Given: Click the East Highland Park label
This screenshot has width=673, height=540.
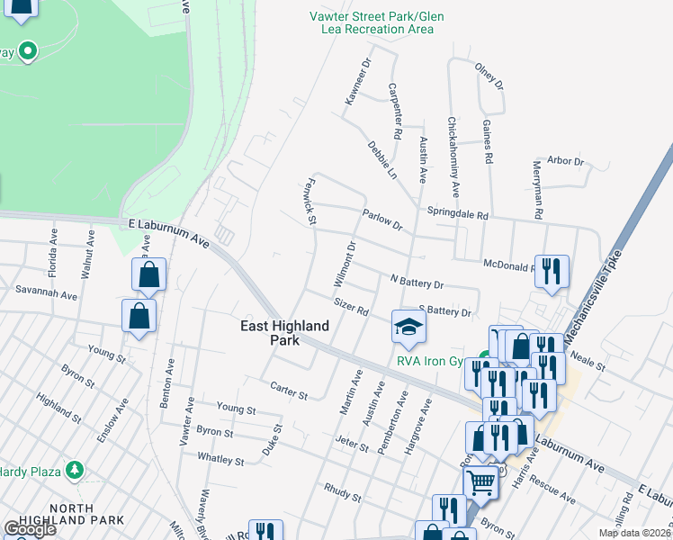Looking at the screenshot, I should click(285, 333).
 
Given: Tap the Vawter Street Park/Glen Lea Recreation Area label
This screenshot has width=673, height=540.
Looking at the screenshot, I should click(372, 22).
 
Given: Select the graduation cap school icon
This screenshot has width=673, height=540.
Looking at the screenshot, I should click(408, 326).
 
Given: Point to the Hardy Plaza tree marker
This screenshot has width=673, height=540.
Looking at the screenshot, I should click(75, 470).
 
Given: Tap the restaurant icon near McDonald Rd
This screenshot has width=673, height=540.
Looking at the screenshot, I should click(551, 270).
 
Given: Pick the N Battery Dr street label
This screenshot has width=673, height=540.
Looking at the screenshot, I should click(417, 283).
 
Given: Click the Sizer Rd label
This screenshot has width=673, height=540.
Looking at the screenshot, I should click(352, 307).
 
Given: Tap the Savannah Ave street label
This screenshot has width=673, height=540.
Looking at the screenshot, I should click(46, 292).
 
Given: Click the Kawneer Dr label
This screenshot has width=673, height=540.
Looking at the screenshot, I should click(358, 83).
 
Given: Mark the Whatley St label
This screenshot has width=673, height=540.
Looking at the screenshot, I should click(220, 460).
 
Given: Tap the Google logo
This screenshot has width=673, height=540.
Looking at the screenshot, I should click(29, 528).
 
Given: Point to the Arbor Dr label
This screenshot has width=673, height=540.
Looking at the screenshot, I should click(566, 161).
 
